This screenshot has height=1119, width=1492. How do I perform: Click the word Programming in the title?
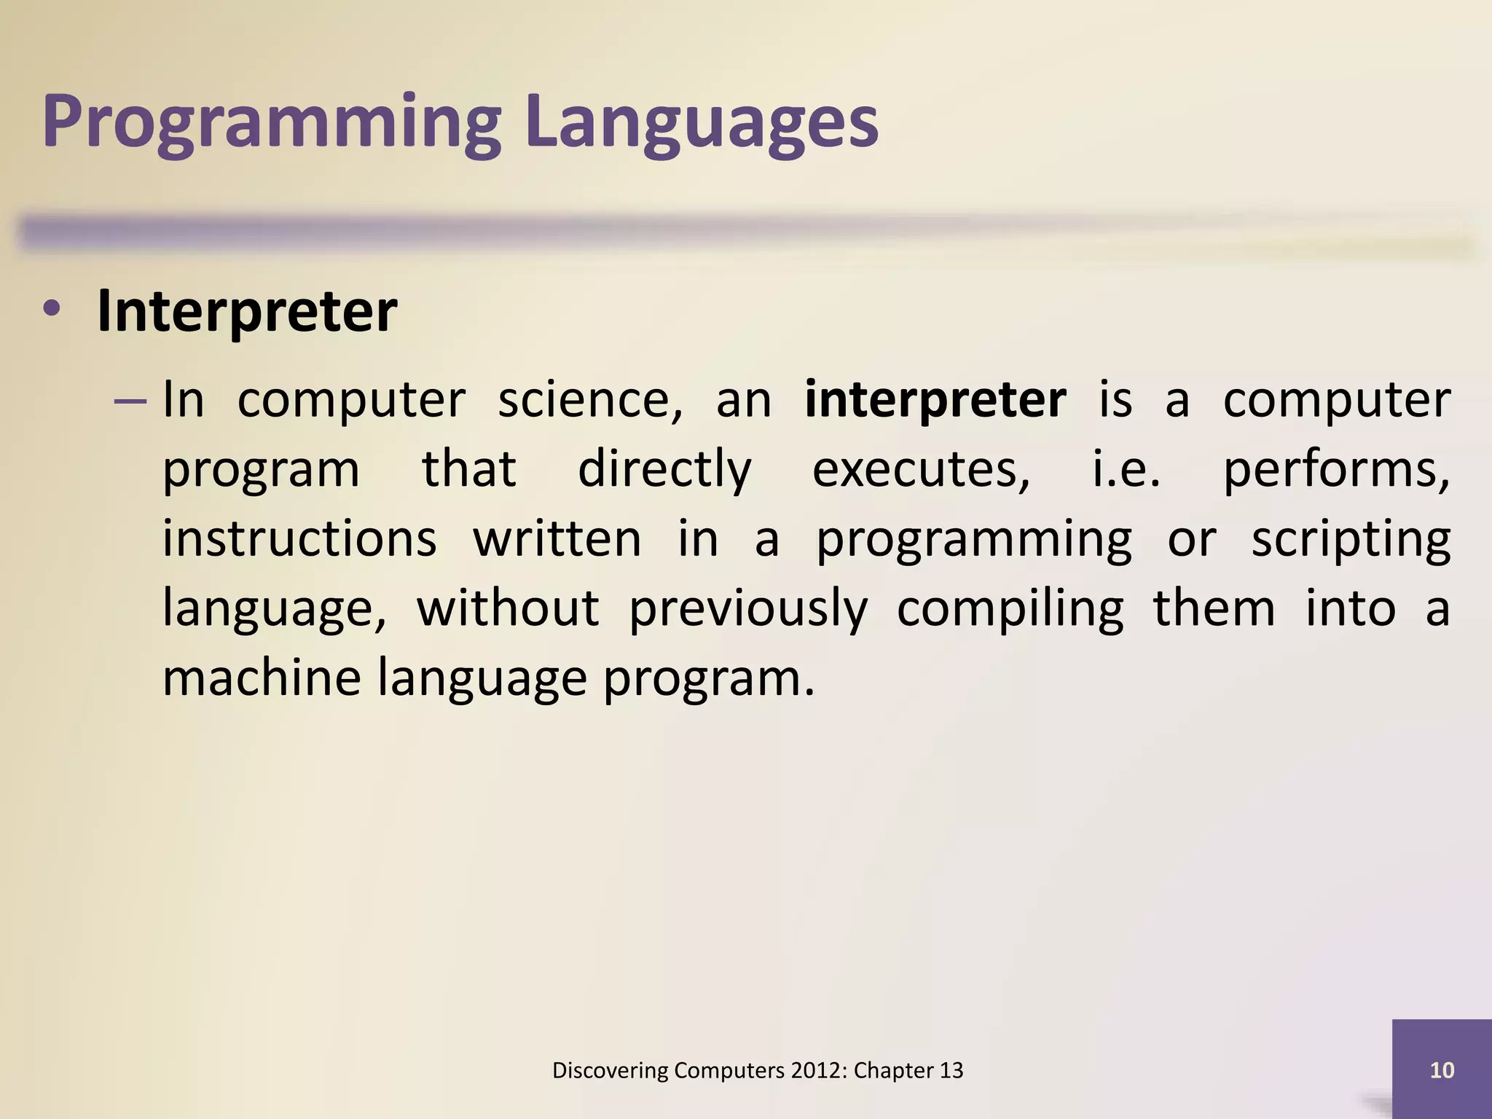pyautogui.click(x=271, y=122)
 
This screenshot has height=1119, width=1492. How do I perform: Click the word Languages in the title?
pyautogui.click(x=701, y=122)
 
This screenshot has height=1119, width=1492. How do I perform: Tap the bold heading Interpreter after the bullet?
pyautogui.click(x=246, y=312)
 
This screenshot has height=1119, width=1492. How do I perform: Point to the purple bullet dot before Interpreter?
pyautogui.click(x=52, y=310)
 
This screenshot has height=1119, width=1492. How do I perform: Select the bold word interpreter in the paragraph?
pyautogui.click(x=935, y=400)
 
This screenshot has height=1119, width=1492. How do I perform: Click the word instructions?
pyautogui.click(x=299, y=539)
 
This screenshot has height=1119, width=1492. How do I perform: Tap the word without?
pyautogui.click(x=508, y=608)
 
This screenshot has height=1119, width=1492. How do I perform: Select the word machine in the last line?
pyautogui.click(x=261, y=678)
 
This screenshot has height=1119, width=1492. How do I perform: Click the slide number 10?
pyautogui.click(x=1442, y=1069)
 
